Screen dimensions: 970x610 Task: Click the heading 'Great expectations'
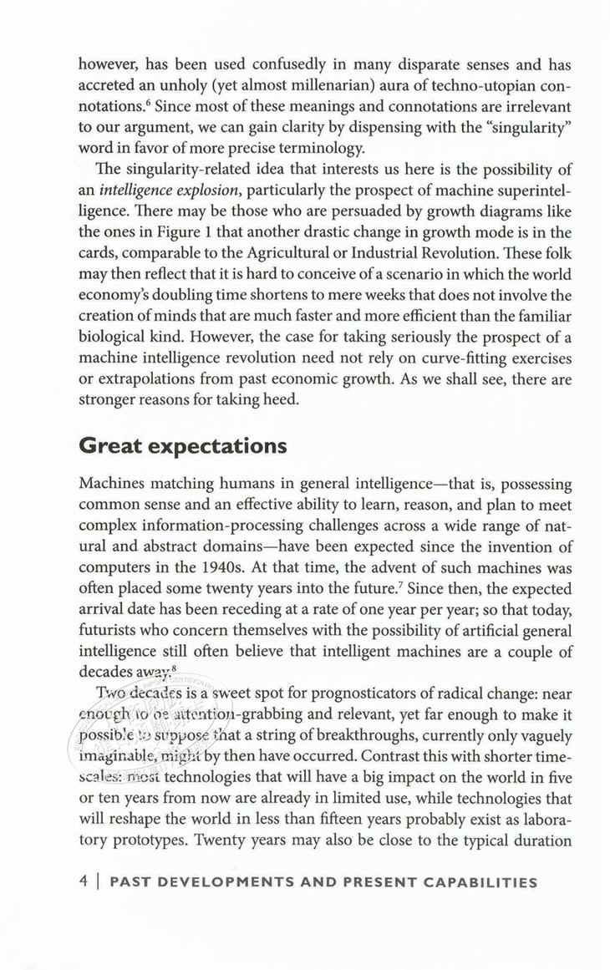pos(182,445)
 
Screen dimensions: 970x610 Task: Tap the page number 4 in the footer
pos(82,881)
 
